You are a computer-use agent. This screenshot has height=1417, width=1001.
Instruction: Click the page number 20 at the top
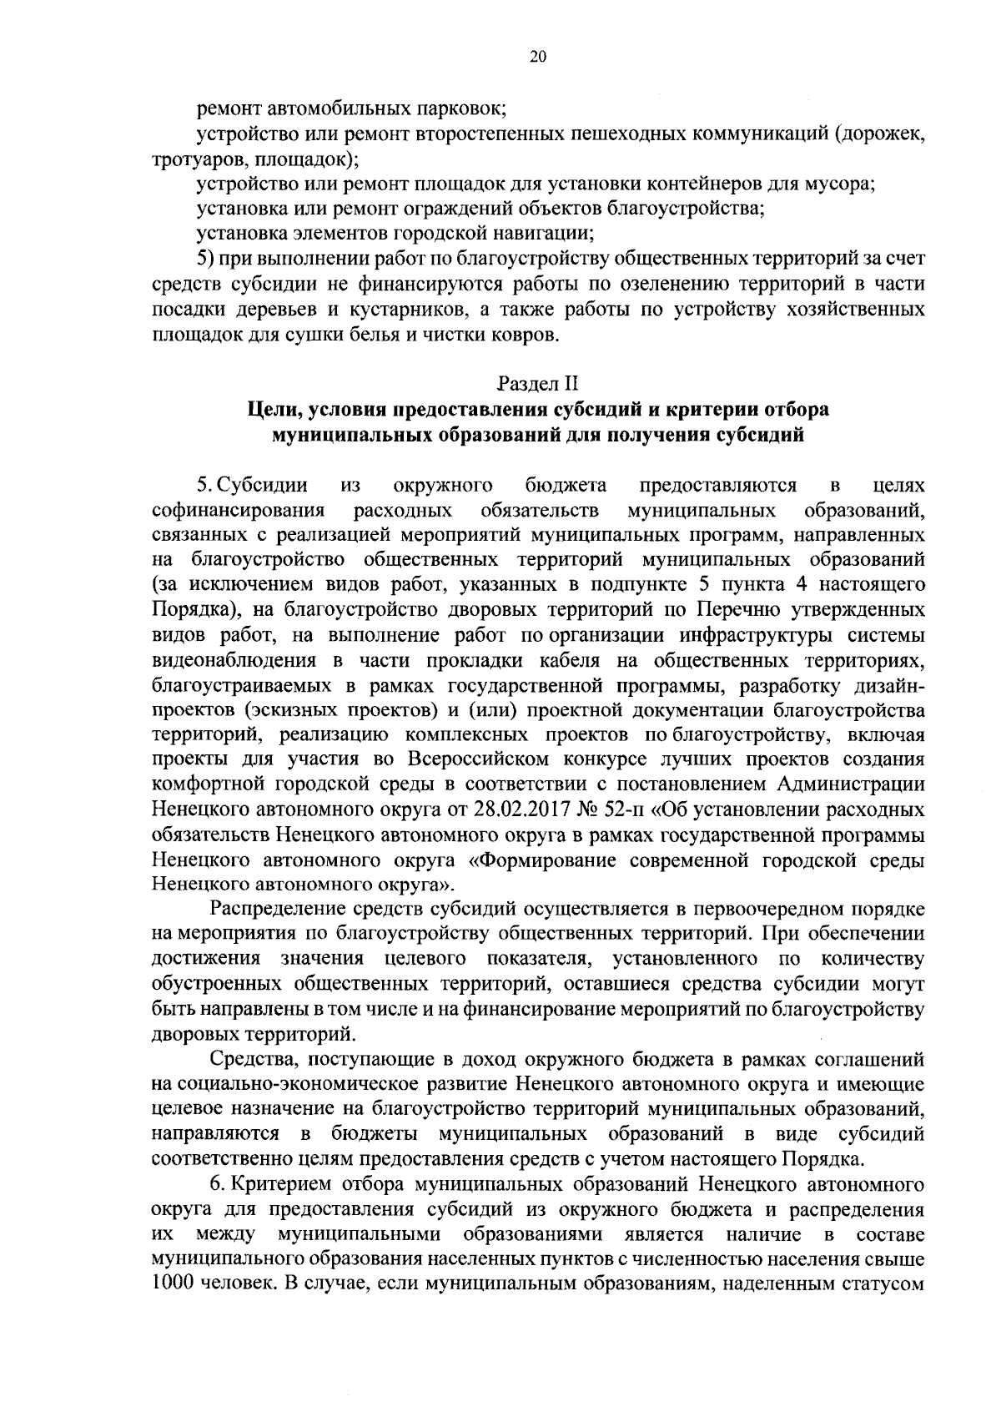(537, 57)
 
